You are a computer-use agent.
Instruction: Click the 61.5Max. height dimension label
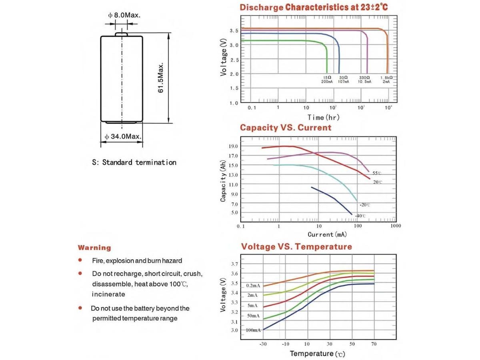pos(161,78)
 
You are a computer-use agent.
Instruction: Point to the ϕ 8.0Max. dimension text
pos(124,15)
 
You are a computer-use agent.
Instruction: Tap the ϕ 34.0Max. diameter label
pos(123,137)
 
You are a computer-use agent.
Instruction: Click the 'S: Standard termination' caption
pos(134,162)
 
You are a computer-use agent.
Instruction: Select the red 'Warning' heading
pos(94,248)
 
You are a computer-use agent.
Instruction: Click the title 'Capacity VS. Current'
pos(286,128)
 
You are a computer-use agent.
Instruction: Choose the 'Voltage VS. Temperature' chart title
pos(296,246)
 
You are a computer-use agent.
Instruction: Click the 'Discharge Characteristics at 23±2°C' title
pos(314,7)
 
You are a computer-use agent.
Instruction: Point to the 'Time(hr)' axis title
pos(323,117)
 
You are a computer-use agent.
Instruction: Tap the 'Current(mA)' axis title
pos(327,234)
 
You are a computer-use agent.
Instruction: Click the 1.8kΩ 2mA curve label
pos(386,79)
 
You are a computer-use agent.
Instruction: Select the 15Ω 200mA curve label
pos(327,79)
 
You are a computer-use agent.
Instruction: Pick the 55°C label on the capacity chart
pos(377,173)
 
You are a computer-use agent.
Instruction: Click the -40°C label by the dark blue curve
pos(360,216)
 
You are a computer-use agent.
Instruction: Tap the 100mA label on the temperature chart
pos(253,330)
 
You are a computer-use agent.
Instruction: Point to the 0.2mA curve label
pos(253,286)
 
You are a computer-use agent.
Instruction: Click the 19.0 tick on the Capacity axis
pos(233,146)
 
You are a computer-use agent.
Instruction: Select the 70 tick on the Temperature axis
pos(374,344)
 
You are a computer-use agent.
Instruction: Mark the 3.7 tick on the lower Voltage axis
pos(235,264)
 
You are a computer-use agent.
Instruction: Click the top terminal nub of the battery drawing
pos(122,34)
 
